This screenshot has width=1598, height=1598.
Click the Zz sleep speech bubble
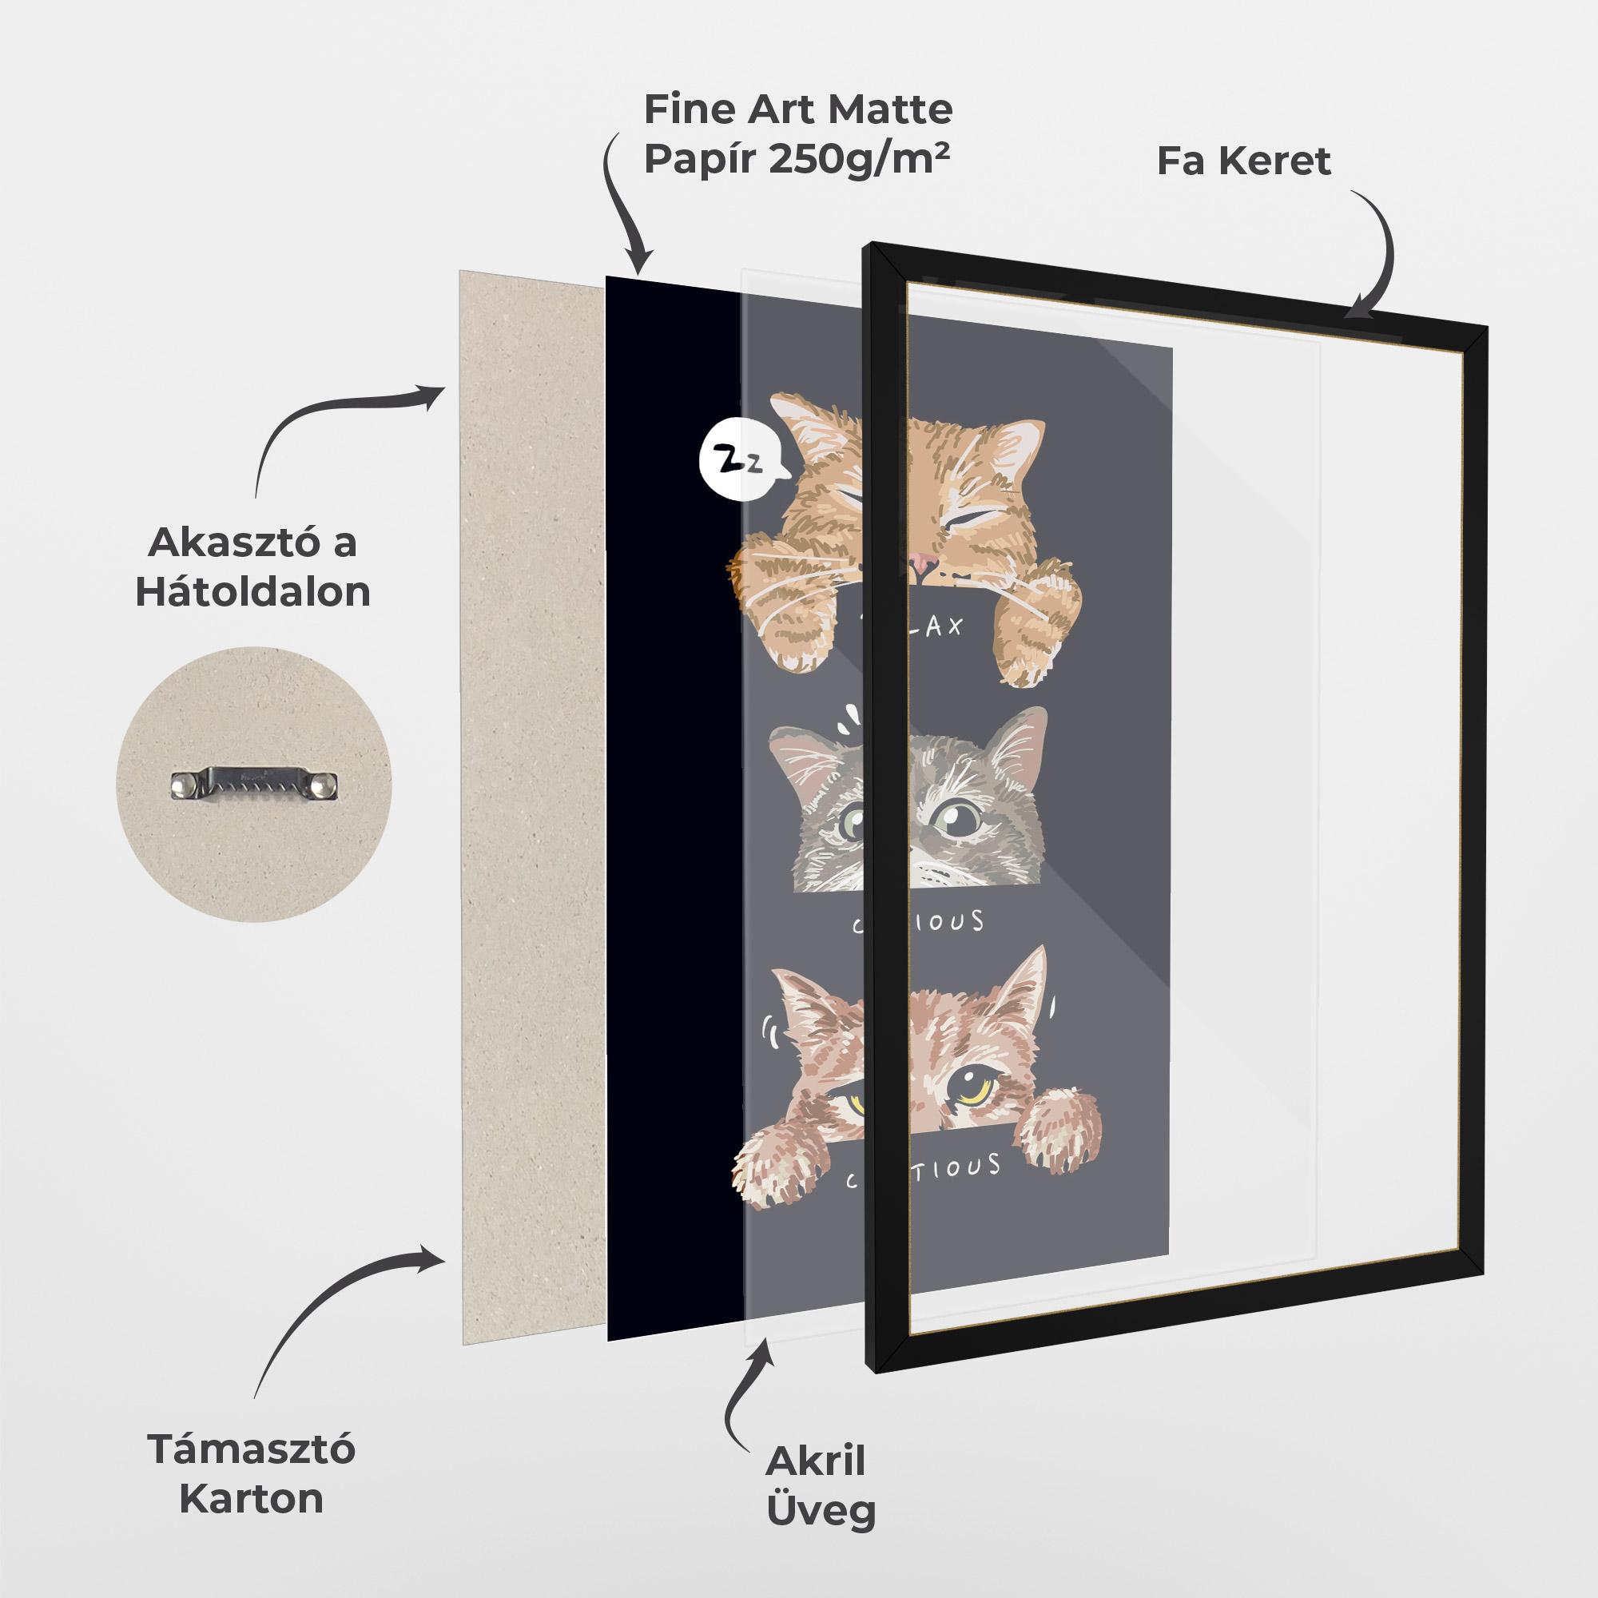click(739, 464)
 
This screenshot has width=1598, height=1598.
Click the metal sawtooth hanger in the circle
click(255, 784)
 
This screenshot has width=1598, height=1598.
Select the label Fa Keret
click(1243, 161)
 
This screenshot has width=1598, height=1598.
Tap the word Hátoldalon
click(253, 592)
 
